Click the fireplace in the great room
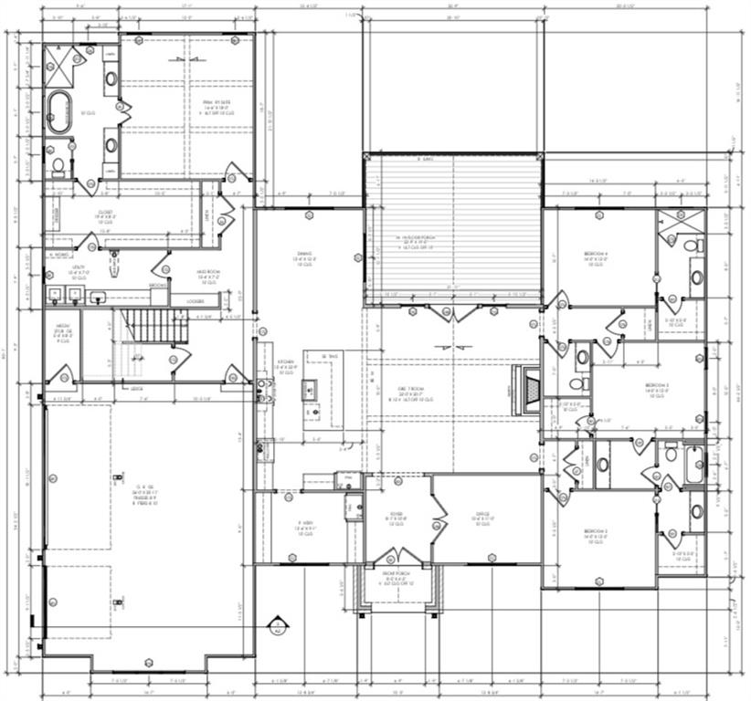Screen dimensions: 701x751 click(529, 379)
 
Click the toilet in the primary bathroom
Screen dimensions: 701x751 click(58, 165)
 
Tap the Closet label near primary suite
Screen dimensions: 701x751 click(104, 213)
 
